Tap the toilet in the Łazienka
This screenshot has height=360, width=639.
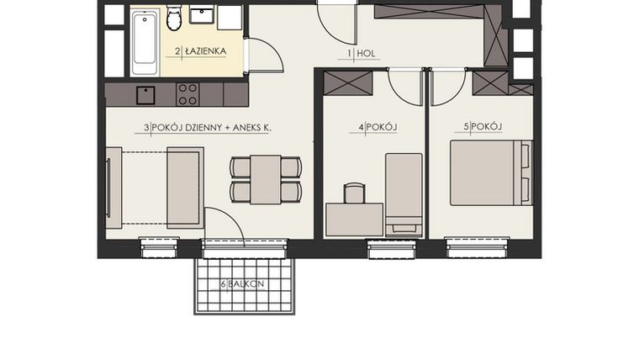[x=175, y=17]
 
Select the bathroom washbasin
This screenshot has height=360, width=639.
[x=202, y=14]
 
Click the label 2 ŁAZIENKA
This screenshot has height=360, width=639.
[x=200, y=51]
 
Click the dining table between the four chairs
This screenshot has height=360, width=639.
[x=266, y=178]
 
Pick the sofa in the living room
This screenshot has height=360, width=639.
[x=185, y=187]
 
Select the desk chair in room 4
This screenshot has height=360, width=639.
[x=354, y=193]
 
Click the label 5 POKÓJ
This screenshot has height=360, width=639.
[x=483, y=127]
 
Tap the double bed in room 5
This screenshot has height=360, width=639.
[x=491, y=173]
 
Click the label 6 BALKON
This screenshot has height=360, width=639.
[x=243, y=284]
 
